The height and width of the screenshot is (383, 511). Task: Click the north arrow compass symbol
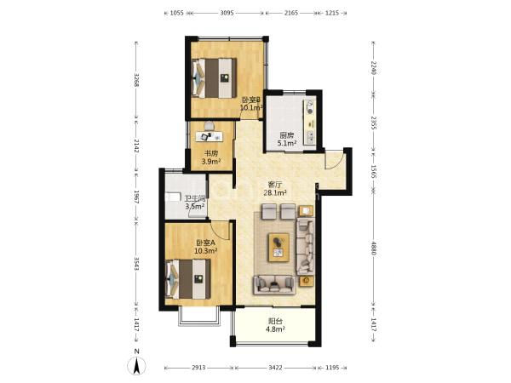137,364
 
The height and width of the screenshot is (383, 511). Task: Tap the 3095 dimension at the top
227,14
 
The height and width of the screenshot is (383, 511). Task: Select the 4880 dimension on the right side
374,249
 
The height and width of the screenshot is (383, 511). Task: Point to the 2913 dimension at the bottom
198,368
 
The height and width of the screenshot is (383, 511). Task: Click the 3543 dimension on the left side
137,264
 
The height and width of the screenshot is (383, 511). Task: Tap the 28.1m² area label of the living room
275,193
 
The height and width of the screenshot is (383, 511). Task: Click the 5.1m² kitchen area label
287,143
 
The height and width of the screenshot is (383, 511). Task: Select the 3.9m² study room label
211,161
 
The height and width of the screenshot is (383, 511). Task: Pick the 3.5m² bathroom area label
195,206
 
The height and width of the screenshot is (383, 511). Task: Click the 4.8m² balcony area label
275,329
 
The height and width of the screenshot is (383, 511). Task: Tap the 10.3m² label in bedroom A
205,251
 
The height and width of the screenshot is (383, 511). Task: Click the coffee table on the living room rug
278,247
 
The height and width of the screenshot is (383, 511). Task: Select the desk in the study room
210,136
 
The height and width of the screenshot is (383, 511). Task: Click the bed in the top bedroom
214,78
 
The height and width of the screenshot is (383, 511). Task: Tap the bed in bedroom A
187,279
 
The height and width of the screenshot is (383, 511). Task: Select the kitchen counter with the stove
310,122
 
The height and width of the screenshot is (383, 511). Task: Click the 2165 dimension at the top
291,14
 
